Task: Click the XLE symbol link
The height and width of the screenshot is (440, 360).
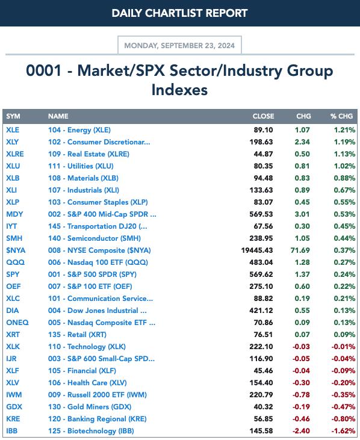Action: tap(13, 130)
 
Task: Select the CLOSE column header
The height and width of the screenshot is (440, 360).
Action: tap(263, 116)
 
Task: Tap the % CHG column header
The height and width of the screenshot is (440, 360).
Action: tap(341, 116)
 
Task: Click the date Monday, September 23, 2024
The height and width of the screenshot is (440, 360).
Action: tap(179, 46)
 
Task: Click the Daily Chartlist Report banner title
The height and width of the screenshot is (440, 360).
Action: tap(179, 13)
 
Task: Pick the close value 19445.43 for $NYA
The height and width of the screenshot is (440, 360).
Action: tap(256, 250)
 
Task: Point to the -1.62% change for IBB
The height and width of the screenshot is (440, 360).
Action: tap(344, 431)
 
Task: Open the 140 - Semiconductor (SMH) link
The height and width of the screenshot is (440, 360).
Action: tap(95, 238)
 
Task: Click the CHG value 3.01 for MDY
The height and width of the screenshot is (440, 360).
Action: tap(302, 214)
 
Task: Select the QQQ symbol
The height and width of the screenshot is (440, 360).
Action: tap(16, 262)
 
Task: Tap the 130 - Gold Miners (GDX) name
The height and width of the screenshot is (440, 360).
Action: tap(90, 407)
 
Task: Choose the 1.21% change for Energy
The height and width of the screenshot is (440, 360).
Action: tap(344, 130)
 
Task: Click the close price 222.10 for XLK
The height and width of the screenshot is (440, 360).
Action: tap(261, 347)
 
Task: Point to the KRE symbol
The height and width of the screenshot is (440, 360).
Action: tap(13, 419)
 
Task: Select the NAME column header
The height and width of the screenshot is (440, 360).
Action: tap(58, 116)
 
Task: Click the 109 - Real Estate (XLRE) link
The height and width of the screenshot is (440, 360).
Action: tap(88, 154)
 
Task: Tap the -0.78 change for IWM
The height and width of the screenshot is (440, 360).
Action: tap(301, 394)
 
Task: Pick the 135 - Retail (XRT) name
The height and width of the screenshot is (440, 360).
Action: tap(77, 335)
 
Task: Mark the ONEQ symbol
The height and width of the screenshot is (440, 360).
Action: tap(17, 323)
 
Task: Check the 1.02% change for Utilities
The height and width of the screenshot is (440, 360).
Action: tap(344, 166)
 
